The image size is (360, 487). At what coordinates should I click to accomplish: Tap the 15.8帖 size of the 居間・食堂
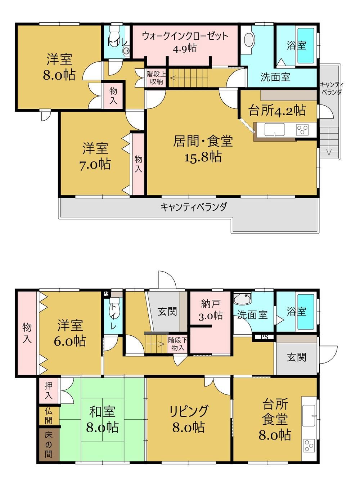[x=203, y=157]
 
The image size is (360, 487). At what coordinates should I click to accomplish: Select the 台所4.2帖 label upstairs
[x=277, y=110]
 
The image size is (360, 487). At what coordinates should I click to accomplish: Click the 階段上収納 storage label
[x=156, y=78]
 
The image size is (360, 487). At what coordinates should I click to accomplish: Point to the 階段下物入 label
[x=177, y=344]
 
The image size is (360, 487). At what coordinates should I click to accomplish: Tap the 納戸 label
[x=210, y=304]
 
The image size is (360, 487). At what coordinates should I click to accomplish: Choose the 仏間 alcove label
[x=49, y=416]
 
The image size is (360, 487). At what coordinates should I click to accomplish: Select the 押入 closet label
[x=49, y=390]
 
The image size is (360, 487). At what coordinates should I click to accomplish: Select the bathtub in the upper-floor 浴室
[x=306, y=46]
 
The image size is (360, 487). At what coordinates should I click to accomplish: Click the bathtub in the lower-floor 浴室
[x=306, y=312]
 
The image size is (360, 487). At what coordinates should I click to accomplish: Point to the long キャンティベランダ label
[x=194, y=207]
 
